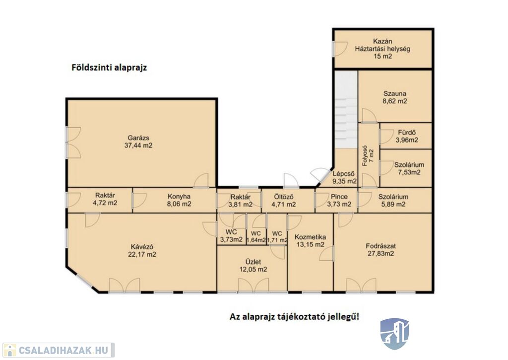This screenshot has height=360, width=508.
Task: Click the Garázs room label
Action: [x=138, y=138]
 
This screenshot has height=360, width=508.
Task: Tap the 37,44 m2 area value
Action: [x=138, y=145]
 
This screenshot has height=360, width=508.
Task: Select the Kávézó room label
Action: [x=142, y=247]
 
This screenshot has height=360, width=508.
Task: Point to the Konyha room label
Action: [x=179, y=197]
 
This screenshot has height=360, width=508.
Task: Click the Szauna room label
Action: [x=394, y=94]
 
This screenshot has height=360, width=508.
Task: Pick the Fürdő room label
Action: [x=407, y=133]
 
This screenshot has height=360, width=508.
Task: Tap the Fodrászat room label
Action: [x=381, y=246]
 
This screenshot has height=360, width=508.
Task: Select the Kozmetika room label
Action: [x=310, y=237]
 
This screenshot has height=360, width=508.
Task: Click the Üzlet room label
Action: [x=253, y=262]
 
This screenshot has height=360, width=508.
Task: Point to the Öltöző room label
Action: [x=283, y=197]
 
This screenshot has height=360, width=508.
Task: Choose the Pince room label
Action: [x=339, y=197]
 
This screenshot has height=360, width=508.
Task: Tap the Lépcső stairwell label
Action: [x=343, y=174]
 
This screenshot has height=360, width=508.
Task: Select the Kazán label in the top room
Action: [x=382, y=41]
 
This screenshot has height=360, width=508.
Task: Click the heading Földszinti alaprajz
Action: [x=109, y=68]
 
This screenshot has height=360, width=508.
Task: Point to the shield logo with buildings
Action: [x=394, y=334]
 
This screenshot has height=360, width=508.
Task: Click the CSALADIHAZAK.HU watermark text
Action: [x=63, y=350]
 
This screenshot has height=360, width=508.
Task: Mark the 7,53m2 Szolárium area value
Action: [x=409, y=172]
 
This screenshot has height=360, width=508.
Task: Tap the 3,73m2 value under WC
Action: [x=231, y=240]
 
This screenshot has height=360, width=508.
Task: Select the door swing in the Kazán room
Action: [x=340, y=49]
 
